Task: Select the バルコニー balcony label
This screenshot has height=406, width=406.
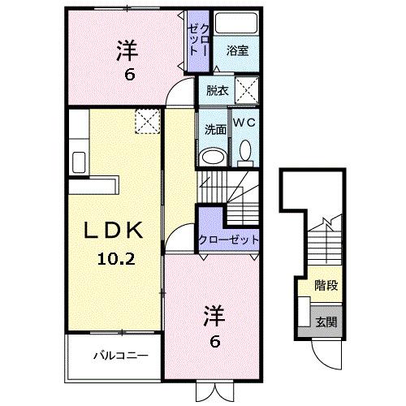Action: [114, 355]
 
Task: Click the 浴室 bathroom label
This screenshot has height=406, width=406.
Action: [237, 50]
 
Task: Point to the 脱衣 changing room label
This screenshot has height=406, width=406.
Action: [217, 91]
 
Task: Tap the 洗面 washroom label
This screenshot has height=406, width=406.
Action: [214, 128]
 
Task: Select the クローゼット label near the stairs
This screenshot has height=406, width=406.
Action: [229, 240]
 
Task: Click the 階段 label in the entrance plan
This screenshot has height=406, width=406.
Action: [326, 286]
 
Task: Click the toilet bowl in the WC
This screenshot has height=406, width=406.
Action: [244, 152]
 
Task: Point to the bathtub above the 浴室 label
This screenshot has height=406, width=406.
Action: [236, 24]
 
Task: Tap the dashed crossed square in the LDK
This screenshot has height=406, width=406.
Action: [147, 123]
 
